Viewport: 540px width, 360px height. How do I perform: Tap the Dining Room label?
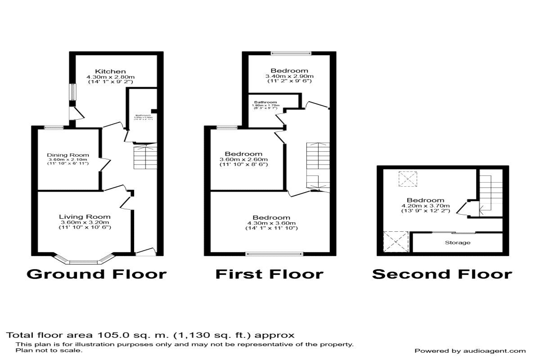(x=67, y=155)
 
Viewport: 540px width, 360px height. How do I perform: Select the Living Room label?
(x=85, y=216)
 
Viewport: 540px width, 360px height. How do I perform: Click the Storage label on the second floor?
(x=458, y=243)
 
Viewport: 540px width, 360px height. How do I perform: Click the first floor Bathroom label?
(x=265, y=102)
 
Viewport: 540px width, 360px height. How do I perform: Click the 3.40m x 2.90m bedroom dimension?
(x=289, y=76)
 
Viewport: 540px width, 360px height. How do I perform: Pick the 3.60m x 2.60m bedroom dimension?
(x=243, y=160)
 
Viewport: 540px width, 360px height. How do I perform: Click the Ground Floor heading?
(x=96, y=274)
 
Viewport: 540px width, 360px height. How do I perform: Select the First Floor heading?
(x=269, y=274)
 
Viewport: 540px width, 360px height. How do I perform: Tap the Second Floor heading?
(x=441, y=274)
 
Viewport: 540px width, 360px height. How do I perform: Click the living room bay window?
(x=83, y=261)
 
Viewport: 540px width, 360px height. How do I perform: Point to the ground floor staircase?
(x=144, y=157)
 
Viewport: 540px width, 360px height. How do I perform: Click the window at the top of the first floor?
(x=290, y=53)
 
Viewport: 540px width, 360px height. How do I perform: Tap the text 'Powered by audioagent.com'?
(x=470, y=351)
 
